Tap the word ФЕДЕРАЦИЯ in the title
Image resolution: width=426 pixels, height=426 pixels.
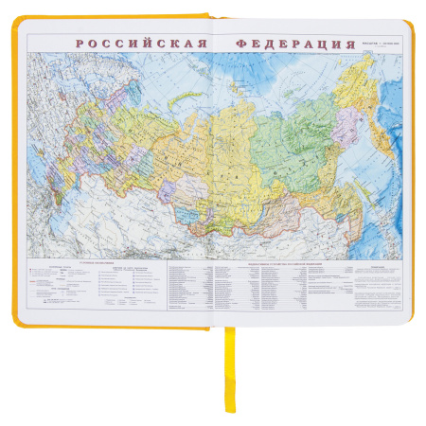[x=295, y=44]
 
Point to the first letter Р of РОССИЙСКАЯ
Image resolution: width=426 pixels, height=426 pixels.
[x=79, y=44]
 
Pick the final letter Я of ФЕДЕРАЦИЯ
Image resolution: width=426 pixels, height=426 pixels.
[x=349, y=44]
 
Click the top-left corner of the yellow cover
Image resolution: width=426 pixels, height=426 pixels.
[x=14, y=13]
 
